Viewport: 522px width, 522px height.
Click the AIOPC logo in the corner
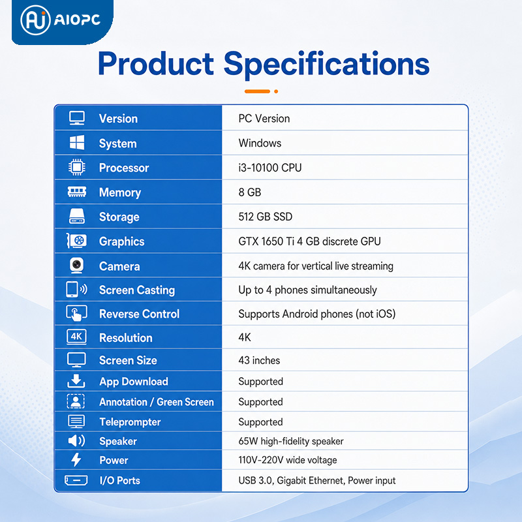(x=61, y=20)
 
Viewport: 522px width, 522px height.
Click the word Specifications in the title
(x=326, y=65)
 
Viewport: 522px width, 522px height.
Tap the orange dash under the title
(x=257, y=91)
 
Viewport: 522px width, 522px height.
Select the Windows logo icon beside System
(x=77, y=143)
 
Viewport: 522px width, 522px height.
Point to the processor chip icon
(x=77, y=168)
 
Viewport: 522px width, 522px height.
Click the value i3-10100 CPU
(x=270, y=168)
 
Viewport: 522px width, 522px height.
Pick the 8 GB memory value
(x=250, y=192)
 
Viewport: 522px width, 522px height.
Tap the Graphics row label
(x=122, y=241)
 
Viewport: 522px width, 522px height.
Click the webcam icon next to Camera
(x=77, y=266)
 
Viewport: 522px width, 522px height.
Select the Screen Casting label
(x=137, y=290)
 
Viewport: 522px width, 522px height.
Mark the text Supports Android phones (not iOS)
(x=317, y=314)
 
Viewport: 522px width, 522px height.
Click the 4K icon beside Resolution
(x=76, y=337)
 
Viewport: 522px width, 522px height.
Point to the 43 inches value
(x=259, y=360)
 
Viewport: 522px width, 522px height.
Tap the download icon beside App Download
(x=76, y=381)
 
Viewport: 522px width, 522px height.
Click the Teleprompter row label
(x=130, y=422)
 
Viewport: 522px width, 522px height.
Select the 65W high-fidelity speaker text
(x=291, y=441)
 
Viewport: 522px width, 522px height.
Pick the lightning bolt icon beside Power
(x=76, y=460)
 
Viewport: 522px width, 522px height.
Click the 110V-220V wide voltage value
(x=288, y=460)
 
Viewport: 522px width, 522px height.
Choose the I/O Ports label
(x=120, y=480)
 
